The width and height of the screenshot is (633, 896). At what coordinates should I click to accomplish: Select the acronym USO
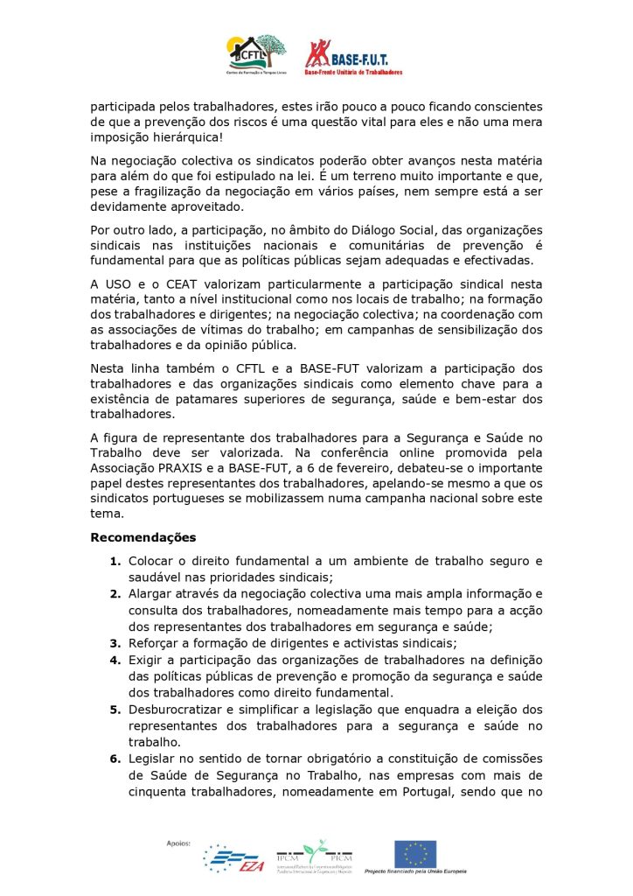click(123, 284)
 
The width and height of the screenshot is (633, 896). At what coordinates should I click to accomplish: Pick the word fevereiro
click(307, 468)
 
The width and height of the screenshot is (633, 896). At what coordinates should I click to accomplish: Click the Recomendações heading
click(143, 536)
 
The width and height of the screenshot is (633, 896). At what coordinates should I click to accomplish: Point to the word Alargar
click(152, 593)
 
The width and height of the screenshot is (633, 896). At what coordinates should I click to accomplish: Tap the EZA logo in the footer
click(233, 859)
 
